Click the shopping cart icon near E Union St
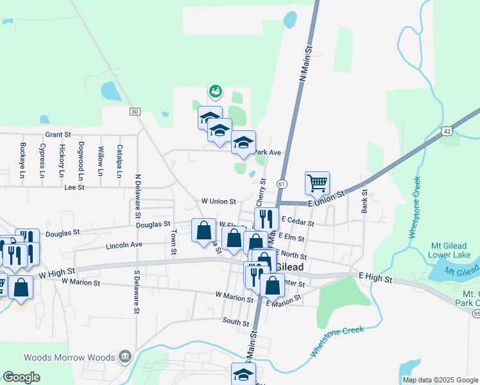coord(318,183)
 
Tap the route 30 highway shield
coord(134,112)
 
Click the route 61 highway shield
coord(282,184)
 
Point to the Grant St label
coord(57,135)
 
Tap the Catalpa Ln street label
coord(119,160)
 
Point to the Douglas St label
coord(62,233)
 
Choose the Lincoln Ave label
coord(123,245)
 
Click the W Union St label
coord(219,201)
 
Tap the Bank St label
coord(364,201)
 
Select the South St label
coord(236,321)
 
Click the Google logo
coord(21,377)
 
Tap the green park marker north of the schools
coord(215,92)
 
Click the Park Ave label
coord(268,153)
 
